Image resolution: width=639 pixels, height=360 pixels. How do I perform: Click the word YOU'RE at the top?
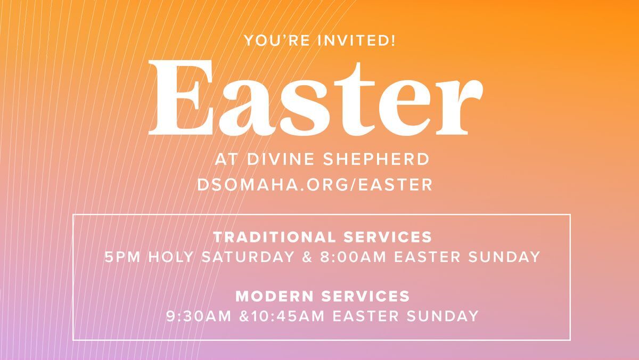click(x=277, y=40)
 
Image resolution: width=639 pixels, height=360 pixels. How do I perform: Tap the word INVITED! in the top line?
click(x=357, y=40)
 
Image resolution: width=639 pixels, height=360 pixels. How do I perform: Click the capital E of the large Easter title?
click(x=181, y=97)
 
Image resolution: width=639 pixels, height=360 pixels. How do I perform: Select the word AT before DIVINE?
click(x=226, y=159)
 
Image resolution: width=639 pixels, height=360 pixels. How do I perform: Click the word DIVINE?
click(x=281, y=159)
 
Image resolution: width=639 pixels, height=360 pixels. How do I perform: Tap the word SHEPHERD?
click(x=376, y=159)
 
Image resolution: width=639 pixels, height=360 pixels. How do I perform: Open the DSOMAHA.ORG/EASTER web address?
click(x=315, y=185)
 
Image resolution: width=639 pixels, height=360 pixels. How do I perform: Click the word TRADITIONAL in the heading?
click(x=274, y=237)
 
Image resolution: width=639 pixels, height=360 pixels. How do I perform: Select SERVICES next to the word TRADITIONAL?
click(x=388, y=237)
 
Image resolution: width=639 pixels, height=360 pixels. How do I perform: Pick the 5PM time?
click(x=122, y=257)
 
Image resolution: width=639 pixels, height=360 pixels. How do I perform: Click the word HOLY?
click(x=171, y=257)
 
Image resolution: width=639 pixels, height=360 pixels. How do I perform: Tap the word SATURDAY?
click(x=248, y=257)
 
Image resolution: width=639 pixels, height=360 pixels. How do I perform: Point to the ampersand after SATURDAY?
click(x=307, y=257)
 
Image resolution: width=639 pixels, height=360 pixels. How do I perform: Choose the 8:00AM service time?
click(x=353, y=257)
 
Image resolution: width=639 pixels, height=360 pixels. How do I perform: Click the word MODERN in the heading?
click(x=274, y=296)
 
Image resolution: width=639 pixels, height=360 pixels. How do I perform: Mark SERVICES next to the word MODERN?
click(x=366, y=296)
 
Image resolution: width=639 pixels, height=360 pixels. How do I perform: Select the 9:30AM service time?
click(x=199, y=316)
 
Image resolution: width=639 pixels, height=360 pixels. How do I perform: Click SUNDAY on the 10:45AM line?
click(x=443, y=316)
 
